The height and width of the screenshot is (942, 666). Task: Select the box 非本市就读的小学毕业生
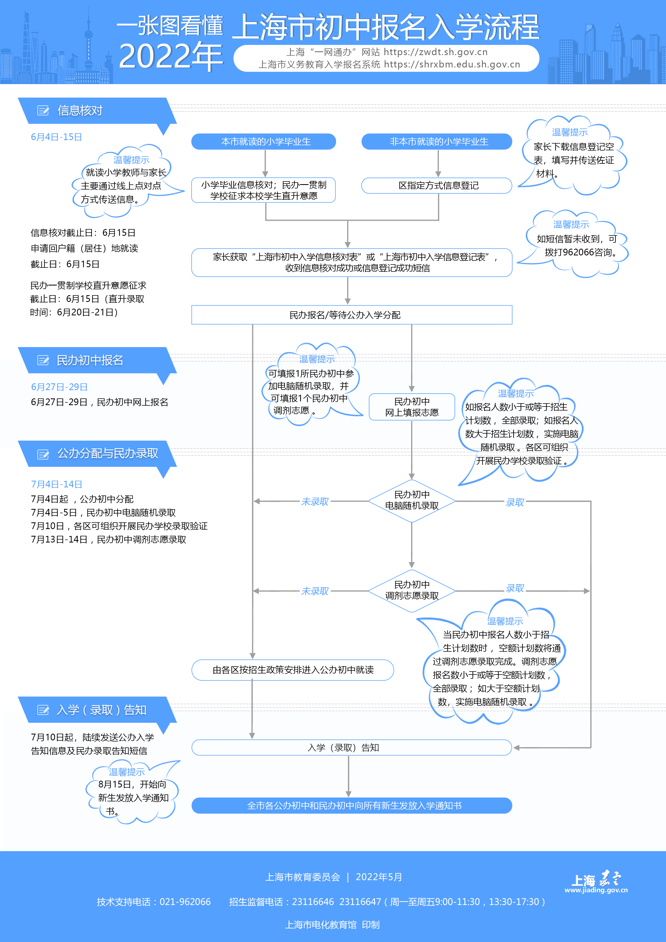(x=437, y=142)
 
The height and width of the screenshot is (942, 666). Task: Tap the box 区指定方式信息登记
(x=437, y=185)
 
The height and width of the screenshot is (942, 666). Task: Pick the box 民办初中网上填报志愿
(x=412, y=406)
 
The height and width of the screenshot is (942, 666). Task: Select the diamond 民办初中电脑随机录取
(x=412, y=501)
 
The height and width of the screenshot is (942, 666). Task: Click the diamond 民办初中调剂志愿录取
(x=412, y=590)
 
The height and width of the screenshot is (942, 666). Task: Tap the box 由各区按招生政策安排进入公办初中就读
(x=293, y=670)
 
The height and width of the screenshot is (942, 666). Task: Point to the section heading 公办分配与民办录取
(x=107, y=453)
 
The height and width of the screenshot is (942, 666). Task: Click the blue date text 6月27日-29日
(x=59, y=387)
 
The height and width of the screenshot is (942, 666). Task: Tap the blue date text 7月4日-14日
(x=57, y=484)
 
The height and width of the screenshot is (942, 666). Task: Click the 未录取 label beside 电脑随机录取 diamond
(x=315, y=501)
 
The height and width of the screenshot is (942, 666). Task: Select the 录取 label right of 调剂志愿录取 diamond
(x=515, y=588)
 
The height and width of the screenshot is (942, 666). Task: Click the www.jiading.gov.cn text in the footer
(x=596, y=890)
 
